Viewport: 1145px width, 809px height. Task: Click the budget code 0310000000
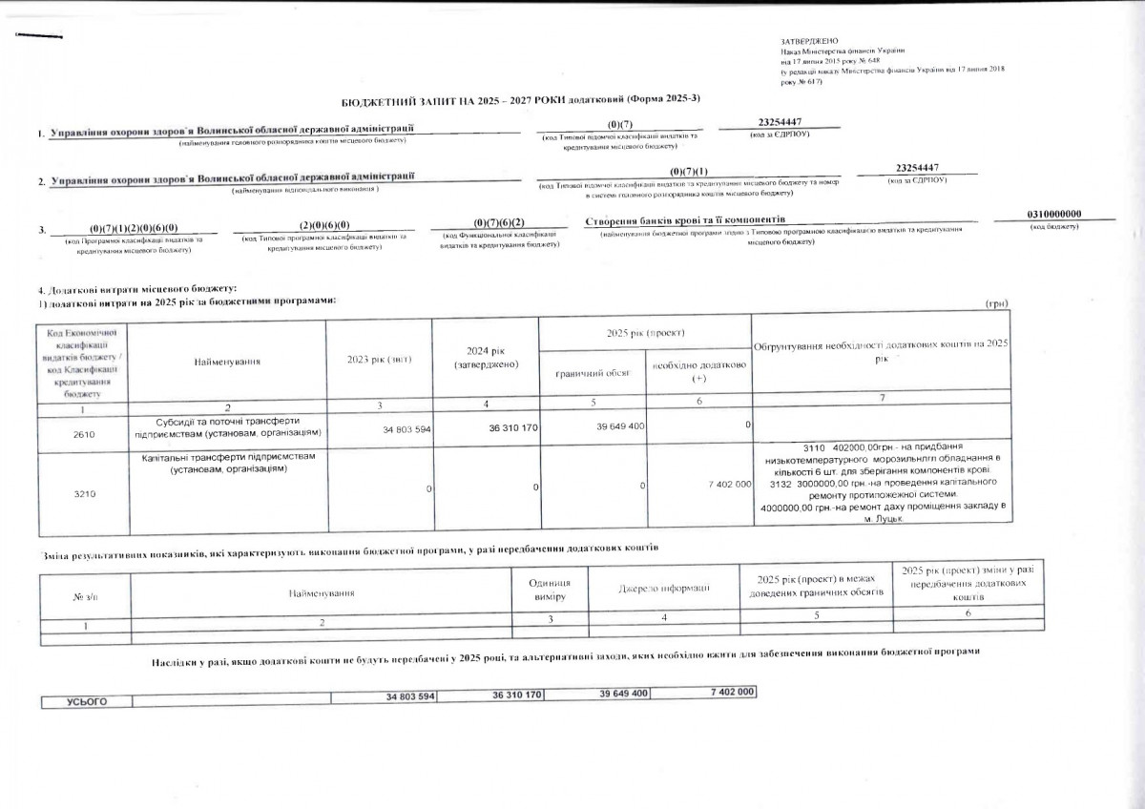[x=1054, y=214]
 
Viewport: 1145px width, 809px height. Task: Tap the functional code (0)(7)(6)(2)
[x=499, y=222]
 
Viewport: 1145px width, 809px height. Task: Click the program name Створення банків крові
[x=683, y=220]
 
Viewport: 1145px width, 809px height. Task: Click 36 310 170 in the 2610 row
[x=514, y=427]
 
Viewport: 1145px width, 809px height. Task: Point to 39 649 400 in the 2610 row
[x=622, y=426]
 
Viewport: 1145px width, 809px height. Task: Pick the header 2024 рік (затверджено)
[x=485, y=358]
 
